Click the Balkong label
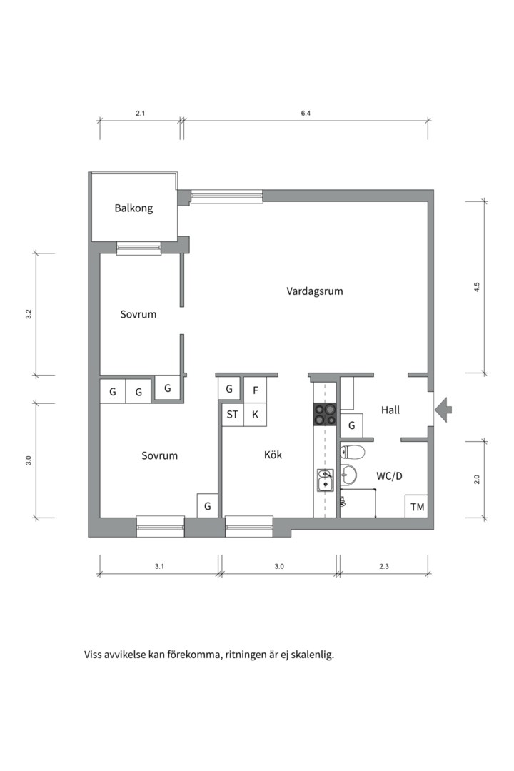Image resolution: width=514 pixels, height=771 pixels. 133,208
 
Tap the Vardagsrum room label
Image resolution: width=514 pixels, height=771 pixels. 314,291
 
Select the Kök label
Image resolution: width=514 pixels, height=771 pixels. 273,455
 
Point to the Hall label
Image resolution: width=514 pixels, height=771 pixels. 390,410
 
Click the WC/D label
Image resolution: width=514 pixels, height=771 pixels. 389,476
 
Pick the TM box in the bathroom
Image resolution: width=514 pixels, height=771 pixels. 417,506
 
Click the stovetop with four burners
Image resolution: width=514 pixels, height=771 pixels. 326,414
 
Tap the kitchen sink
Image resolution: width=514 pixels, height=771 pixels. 325,480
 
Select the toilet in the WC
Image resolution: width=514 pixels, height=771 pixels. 352,451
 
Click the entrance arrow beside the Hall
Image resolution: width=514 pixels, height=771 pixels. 443,410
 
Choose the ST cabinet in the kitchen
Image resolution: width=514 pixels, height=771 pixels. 232,415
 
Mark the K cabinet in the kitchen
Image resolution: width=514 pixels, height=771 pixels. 256,415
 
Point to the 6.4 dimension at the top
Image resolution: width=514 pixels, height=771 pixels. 306,113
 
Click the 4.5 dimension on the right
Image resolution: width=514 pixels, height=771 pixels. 476,287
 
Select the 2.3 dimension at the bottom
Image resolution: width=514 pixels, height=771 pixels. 383,566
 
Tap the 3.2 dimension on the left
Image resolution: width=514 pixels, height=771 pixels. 29,313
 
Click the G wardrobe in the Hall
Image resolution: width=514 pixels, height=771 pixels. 352,425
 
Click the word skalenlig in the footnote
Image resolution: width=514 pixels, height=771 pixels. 313,655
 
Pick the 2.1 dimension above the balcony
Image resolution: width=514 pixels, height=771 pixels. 140,113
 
